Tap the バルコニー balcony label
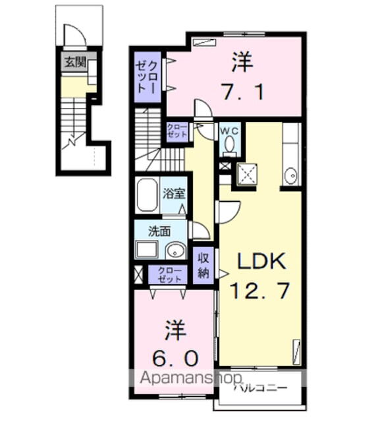click(x=260, y=388)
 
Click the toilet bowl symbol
click(x=230, y=144)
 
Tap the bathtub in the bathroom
click(x=148, y=195)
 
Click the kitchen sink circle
click(x=290, y=176)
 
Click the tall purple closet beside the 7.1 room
click(x=148, y=76)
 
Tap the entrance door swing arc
click(x=74, y=34)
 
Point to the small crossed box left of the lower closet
click(x=138, y=275)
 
